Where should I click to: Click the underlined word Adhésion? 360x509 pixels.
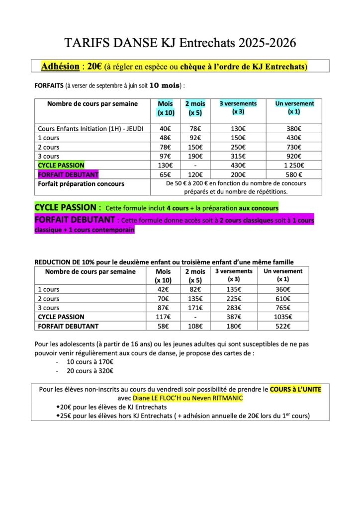pyautogui.click(x=60, y=66)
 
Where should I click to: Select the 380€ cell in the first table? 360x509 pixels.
pyautogui.click(x=295, y=129)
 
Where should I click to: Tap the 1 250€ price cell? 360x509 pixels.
pyautogui.click(x=295, y=165)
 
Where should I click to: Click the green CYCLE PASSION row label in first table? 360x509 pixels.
pyautogui.click(x=61, y=165)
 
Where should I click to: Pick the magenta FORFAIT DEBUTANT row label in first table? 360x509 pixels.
pyautogui.click(x=68, y=174)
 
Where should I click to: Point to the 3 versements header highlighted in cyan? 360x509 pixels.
pyautogui.click(x=238, y=104)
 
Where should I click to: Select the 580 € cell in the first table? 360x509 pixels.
pyautogui.click(x=295, y=174)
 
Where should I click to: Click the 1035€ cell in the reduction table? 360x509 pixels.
pyautogui.click(x=282, y=317)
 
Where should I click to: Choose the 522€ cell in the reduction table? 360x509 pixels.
pyautogui.click(x=282, y=326)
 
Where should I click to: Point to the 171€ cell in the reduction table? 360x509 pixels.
pyautogui.click(x=195, y=308)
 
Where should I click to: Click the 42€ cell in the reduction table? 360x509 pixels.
pyautogui.click(x=163, y=289)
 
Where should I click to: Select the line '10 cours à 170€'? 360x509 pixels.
pyautogui.click(x=90, y=361)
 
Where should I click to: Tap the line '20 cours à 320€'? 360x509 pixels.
pyautogui.click(x=90, y=370)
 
